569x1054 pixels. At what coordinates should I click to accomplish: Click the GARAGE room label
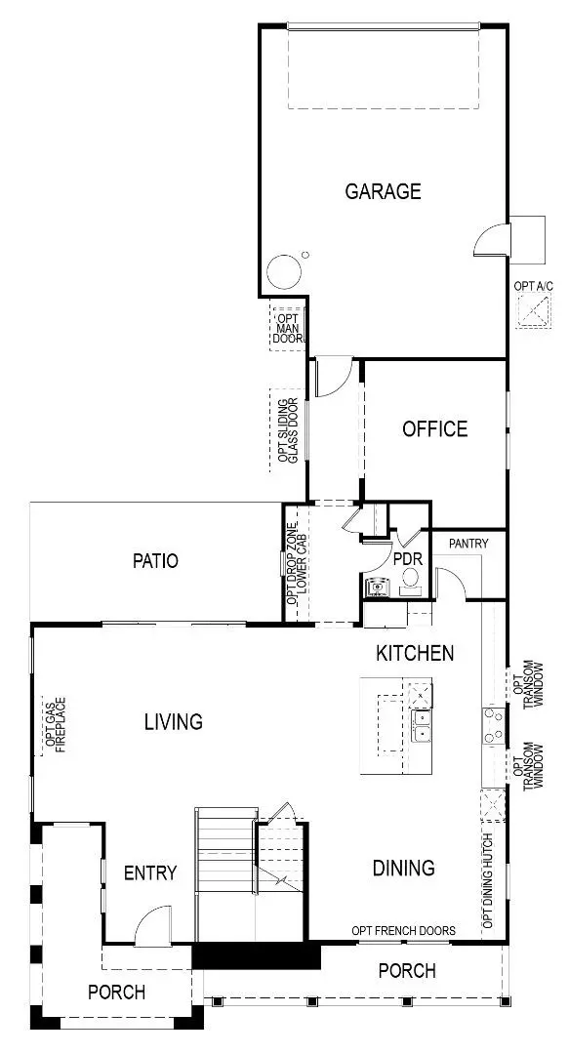click(x=383, y=191)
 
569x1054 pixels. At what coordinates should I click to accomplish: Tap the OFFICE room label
click(x=434, y=428)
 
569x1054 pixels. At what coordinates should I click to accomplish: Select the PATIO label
click(x=156, y=561)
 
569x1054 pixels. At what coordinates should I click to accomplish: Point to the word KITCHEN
click(x=415, y=653)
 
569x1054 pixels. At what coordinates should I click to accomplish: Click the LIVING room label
click(x=174, y=722)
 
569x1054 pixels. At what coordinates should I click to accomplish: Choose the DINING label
click(x=404, y=868)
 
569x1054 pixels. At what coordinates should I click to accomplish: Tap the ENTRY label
click(x=150, y=872)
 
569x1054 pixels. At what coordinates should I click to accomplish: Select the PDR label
click(x=406, y=560)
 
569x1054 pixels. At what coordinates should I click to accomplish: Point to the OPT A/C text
click(x=533, y=287)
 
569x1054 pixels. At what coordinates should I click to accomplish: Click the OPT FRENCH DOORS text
click(x=403, y=931)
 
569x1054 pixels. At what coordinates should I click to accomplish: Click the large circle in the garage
click(x=284, y=271)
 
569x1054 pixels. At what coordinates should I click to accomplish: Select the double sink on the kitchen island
click(x=422, y=727)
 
